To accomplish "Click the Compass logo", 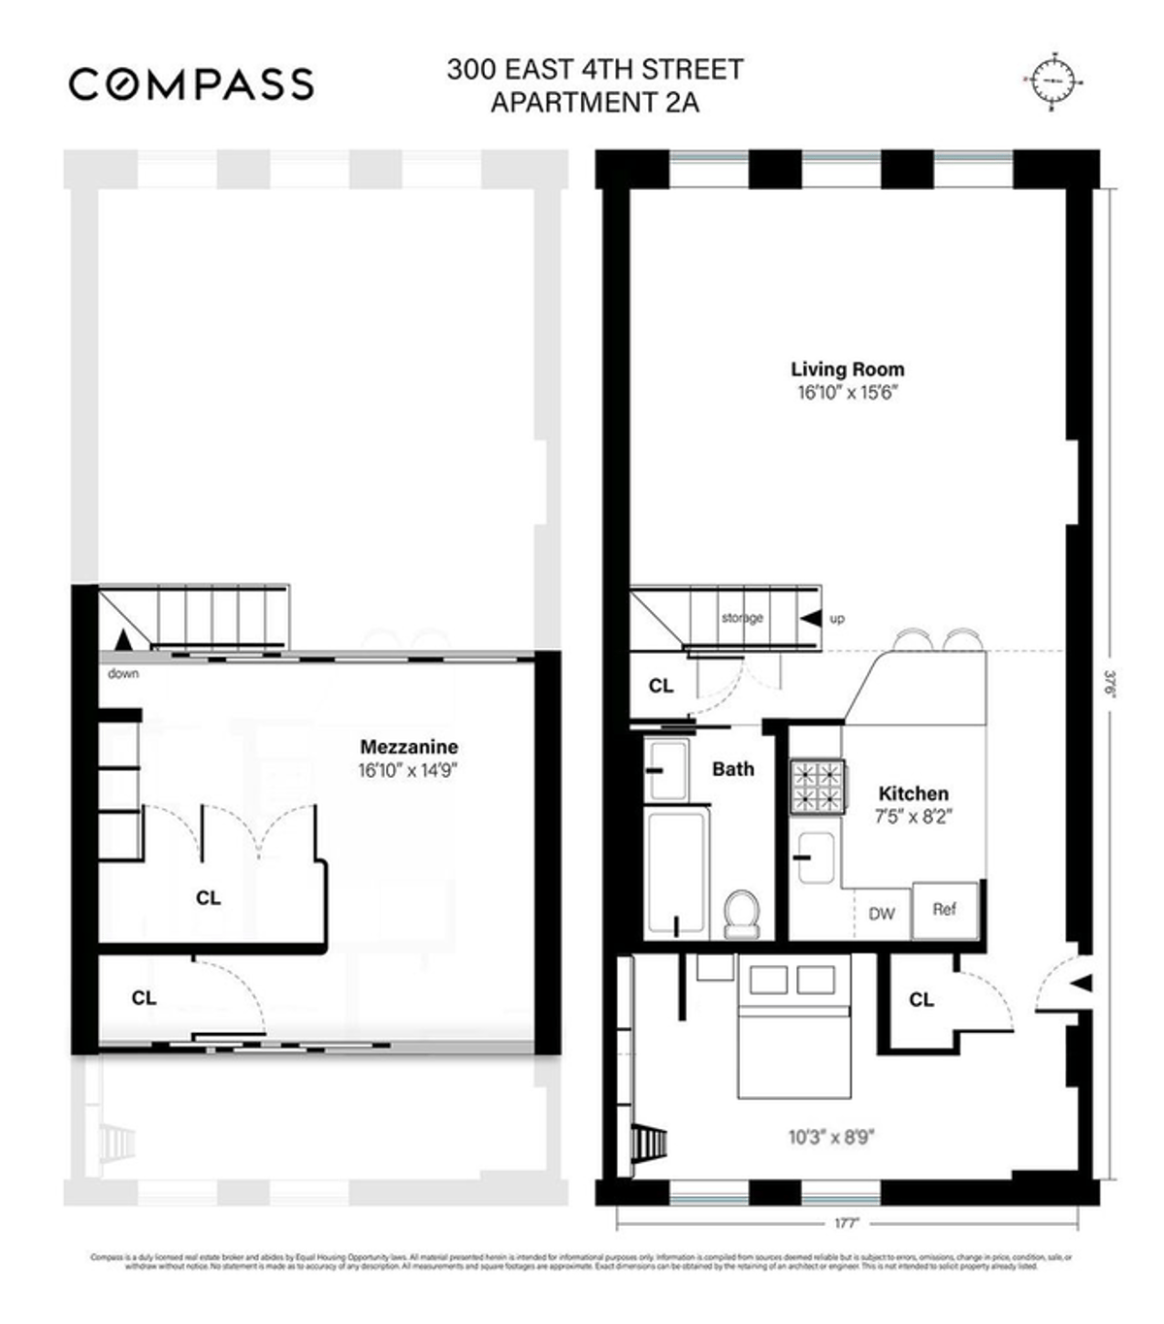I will tap(191, 83).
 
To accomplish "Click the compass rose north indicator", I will tap(1051, 79).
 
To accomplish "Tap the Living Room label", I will tap(847, 370).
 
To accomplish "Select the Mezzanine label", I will tap(408, 747).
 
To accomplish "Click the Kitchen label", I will tap(913, 793).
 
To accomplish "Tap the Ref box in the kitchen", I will tap(945, 910).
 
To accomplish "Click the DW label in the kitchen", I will tap(881, 914).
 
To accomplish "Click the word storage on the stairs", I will tap(742, 618).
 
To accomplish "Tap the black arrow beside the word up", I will tap(809, 618).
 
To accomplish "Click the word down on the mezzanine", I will tap(123, 673).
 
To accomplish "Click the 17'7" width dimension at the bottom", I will tap(847, 1224).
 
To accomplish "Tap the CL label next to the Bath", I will tap(661, 686).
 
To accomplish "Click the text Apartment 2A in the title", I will tap(595, 102).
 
